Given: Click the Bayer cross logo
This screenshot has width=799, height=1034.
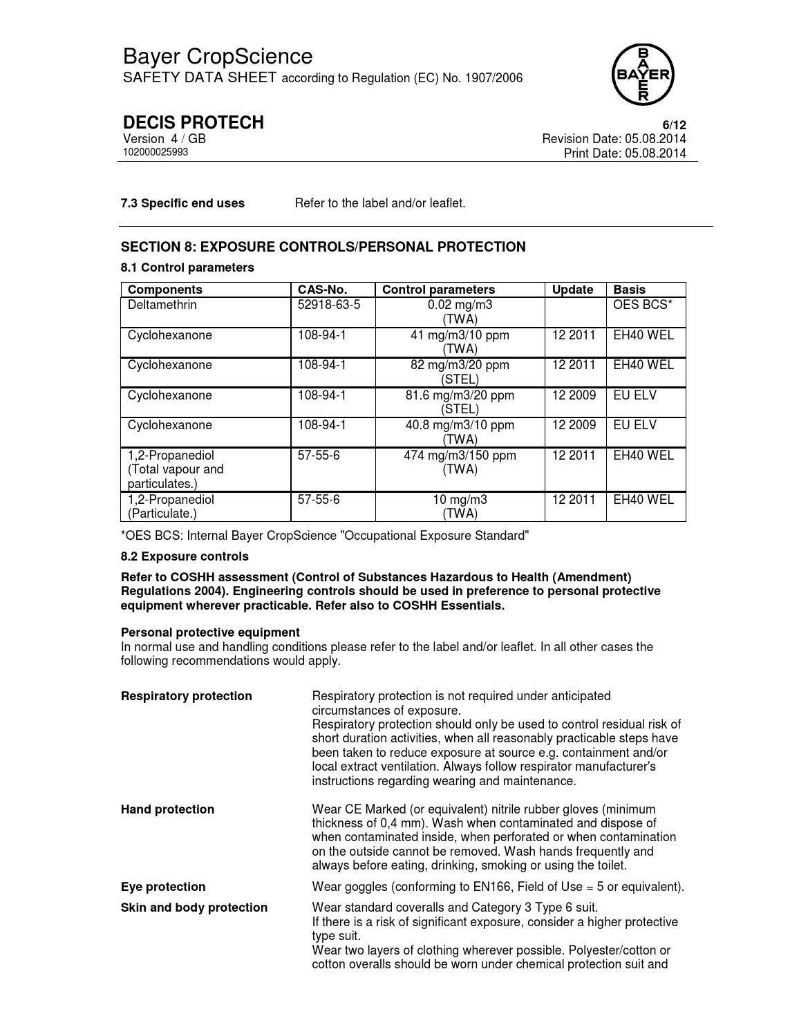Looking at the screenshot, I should pos(642,74).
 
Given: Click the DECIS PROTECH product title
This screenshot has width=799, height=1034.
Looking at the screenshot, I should pos(193,122).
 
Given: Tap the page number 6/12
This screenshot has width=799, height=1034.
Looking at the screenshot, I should pos(674,125).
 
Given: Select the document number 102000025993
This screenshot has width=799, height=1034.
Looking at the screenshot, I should pos(156,152).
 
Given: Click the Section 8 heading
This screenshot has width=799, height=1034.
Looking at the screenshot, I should pos(323,247).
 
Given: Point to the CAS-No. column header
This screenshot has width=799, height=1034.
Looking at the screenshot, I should pos(322,290).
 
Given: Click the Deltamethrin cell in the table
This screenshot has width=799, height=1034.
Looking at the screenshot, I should pos(162,305).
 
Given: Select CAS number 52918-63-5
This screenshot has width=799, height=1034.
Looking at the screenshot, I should pos(329,305).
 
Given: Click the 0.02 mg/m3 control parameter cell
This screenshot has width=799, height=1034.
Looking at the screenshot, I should pos(460,312).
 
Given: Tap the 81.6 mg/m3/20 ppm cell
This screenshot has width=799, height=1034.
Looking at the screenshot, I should pos(460,402).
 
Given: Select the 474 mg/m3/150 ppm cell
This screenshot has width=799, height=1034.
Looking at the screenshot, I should pos(460,462).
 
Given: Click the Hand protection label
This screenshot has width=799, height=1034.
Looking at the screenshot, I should pos(167,809).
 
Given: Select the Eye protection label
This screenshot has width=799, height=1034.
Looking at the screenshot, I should pos(163,887).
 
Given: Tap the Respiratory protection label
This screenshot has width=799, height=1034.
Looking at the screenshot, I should pos(186,696).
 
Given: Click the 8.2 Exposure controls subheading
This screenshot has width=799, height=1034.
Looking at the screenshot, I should pos(185,556).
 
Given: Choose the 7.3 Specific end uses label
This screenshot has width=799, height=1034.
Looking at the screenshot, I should pos(182,203).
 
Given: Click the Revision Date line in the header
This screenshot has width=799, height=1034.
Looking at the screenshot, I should pos(614,139).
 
